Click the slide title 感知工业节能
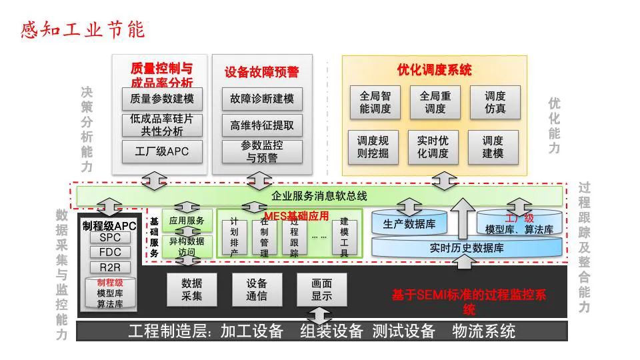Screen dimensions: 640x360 pyautogui.click(x=83, y=30)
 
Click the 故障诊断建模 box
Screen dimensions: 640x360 pyautogui.click(x=262, y=99)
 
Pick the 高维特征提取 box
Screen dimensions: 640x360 pyautogui.click(x=262, y=125)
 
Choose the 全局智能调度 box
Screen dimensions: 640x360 pyautogui.click(x=375, y=102)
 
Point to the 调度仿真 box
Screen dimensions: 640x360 pyautogui.click(x=494, y=102)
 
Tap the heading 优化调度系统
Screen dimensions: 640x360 pyautogui.click(x=434, y=70)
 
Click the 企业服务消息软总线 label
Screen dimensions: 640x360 pyautogui.click(x=319, y=196)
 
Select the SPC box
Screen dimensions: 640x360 pyautogui.click(x=110, y=237)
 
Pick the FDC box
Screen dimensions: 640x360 pyautogui.click(x=110, y=253)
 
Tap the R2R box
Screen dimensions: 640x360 pyautogui.click(x=110, y=267)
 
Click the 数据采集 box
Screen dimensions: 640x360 pyautogui.click(x=192, y=289)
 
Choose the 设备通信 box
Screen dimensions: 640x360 pyautogui.click(x=257, y=289)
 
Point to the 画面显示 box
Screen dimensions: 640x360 pyautogui.click(x=322, y=289)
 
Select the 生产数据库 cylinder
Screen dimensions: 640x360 pyautogui.click(x=409, y=225)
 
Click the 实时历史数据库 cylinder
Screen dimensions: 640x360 pyautogui.click(x=467, y=249)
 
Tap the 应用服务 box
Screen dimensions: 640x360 pyautogui.click(x=187, y=219)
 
